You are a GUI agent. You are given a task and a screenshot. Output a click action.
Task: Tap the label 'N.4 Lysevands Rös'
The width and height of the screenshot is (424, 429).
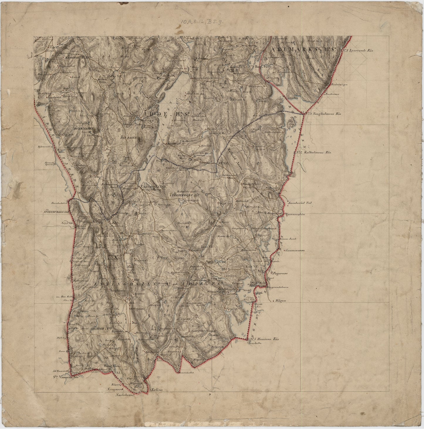(357, 50)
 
